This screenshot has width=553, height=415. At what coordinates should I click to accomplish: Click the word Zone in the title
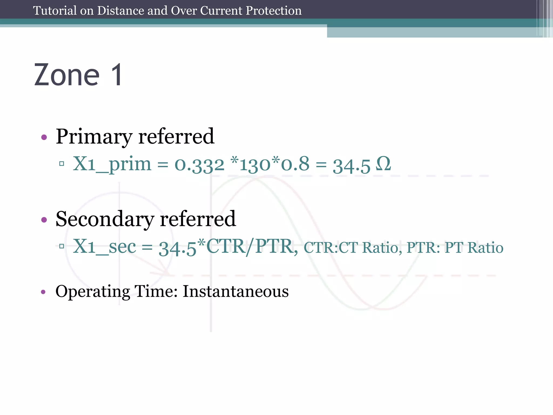[x=67, y=75]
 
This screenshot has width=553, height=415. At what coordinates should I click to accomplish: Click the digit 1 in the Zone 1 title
[x=117, y=75]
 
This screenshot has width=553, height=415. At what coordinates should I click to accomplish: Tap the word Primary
[x=94, y=137]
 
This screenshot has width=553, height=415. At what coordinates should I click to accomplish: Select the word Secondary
[x=104, y=219]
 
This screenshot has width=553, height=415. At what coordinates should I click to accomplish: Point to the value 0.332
[x=199, y=165]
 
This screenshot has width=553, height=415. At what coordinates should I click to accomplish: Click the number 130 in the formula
[x=255, y=165]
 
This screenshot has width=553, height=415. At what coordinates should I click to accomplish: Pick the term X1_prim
[x=112, y=164]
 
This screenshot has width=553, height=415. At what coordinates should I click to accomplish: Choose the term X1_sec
[x=104, y=247]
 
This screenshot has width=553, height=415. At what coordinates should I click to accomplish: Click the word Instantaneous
[x=235, y=292]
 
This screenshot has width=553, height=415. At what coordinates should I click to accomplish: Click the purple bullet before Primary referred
[x=44, y=138]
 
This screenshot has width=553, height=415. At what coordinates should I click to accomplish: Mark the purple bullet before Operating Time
[x=43, y=292]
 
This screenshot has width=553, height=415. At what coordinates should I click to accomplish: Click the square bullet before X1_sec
[x=62, y=246]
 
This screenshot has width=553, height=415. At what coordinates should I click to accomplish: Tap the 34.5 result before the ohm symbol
[x=351, y=166]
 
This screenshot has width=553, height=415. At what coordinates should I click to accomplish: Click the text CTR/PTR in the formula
[x=250, y=247]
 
